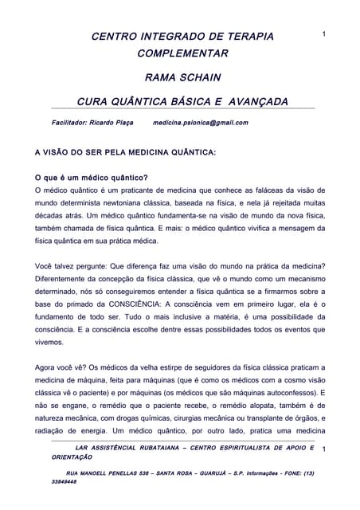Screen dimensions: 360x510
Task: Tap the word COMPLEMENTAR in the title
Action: click(x=182, y=54)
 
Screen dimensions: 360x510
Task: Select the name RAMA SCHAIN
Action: click(x=182, y=78)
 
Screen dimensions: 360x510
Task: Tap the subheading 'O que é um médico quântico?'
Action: click(x=92, y=177)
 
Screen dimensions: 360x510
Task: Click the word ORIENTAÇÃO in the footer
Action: click(x=72, y=458)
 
